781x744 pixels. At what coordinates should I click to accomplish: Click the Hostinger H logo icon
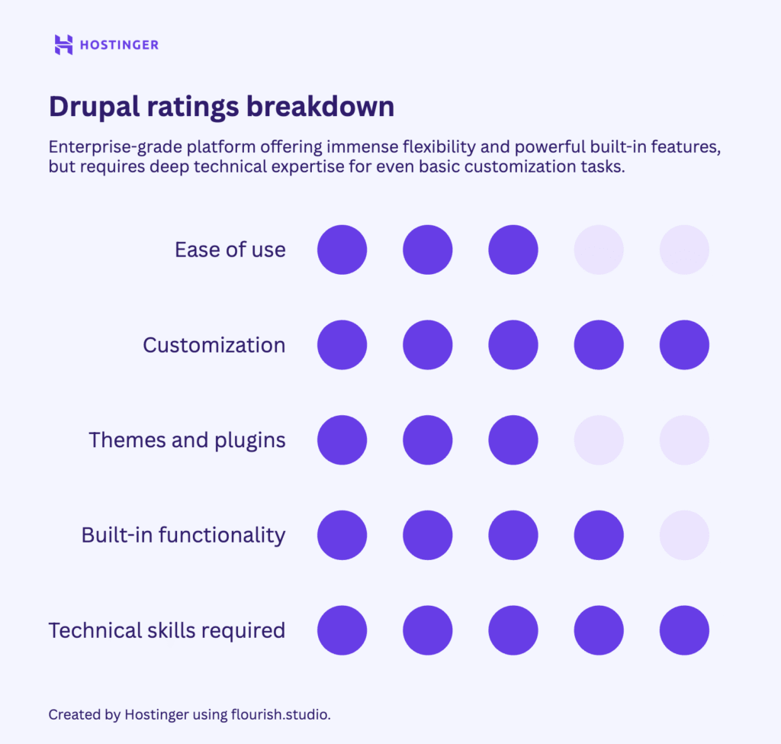pyautogui.click(x=63, y=44)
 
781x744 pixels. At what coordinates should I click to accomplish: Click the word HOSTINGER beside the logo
pyautogui.click(x=119, y=45)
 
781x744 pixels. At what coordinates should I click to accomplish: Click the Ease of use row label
pyautogui.click(x=230, y=250)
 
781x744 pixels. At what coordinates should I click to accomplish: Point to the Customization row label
pyautogui.click(x=214, y=345)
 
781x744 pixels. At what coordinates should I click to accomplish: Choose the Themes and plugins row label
pyautogui.click(x=187, y=440)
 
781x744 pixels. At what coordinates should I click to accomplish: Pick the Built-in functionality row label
pyautogui.click(x=183, y=535)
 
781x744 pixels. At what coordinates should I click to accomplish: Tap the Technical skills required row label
pyautogui.click(x=166, y=630)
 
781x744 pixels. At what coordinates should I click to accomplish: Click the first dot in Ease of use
pyautogui.click(x=342, y=250)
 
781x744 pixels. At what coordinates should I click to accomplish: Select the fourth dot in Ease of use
pyautogui.click(x=599, y=250)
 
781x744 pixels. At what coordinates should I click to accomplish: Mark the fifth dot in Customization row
pyautogui.click(x=684, y=345)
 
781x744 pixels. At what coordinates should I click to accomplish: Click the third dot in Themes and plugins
pyautogui.click(x=513, y=440)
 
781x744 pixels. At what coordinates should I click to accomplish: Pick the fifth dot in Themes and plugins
pyautogui.click(x=684, y=440)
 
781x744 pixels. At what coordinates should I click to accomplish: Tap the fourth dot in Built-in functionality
pyautogui.click(x=599, y=535)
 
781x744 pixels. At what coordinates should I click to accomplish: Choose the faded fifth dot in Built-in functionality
pyautogui.click(x=684, y=535)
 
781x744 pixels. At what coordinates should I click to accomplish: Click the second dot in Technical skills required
pyautogui.click(x=427, y=630)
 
